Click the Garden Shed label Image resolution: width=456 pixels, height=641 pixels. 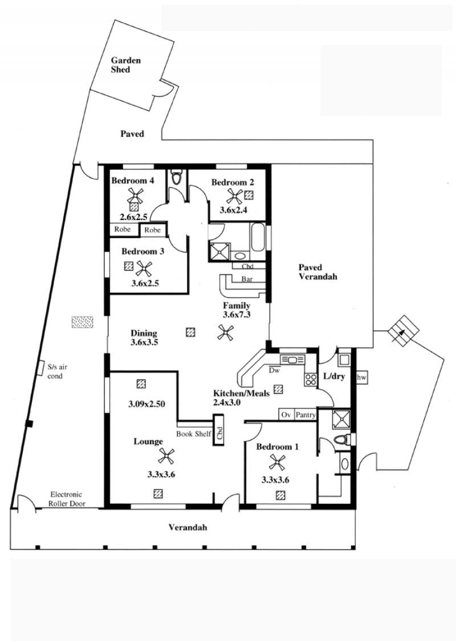pos(126,65)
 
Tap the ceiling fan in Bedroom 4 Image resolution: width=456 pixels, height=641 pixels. pos(135,195)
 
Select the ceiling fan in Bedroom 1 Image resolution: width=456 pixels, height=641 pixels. pos(277,463)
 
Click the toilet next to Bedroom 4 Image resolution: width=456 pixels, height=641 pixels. pos(177,177)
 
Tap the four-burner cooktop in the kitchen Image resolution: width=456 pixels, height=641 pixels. pos(311,380)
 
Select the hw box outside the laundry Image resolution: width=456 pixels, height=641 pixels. pos(362,378)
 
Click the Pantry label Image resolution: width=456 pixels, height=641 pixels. pos(306,415)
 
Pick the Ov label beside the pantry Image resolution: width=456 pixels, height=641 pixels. pos(286,415)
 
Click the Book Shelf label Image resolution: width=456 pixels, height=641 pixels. pos(193,434)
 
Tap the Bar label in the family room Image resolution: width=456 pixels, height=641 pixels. pos(247,280)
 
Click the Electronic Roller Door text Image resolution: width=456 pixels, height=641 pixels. pos(67,499)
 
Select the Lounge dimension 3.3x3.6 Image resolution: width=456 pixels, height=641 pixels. pos(161,475)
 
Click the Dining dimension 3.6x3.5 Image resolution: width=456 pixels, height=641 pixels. pos(144,342)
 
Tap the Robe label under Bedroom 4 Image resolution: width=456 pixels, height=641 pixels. pos(123,230)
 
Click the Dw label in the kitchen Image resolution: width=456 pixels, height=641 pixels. pos(274,370)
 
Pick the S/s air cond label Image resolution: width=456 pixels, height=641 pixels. pos(57,371)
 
